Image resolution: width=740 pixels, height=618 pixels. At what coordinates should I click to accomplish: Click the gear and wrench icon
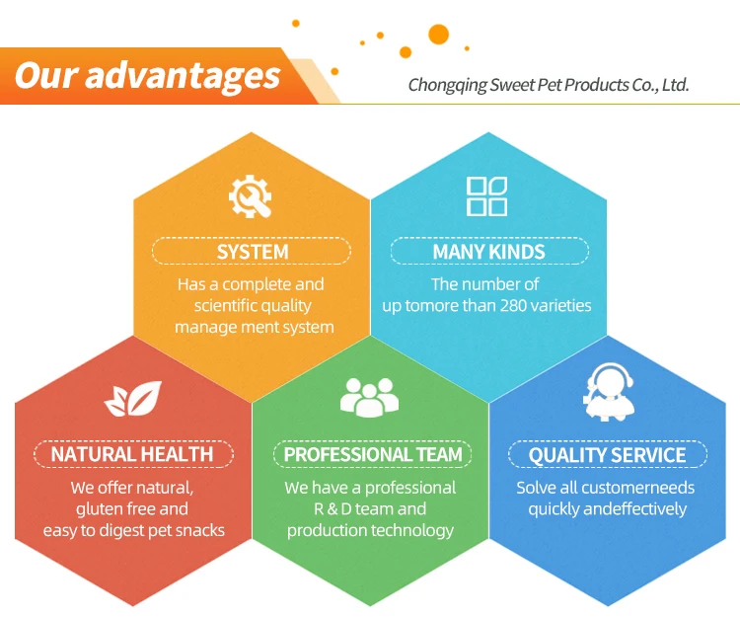pos(250,196)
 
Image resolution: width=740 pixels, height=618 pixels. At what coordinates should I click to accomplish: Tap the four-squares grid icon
pos(486,196)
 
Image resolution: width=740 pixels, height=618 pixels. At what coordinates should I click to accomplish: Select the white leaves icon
pos(133,399)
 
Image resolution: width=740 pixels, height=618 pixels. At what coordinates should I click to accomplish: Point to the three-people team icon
pos(369,397)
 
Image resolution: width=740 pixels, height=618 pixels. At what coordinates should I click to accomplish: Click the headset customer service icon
pos(609,392)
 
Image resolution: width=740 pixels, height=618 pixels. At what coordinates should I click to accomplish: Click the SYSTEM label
pos(253,252)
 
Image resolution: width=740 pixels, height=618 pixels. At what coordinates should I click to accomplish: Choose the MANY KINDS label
pos(489,252)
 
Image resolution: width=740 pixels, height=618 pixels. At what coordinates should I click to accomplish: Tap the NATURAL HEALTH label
pos(132,454)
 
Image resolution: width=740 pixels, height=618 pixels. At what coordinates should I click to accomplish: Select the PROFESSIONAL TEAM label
pos(373,454)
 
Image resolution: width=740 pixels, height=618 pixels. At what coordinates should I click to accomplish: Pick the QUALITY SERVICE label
pos(608,455)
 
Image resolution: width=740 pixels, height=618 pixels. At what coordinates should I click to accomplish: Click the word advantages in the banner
pos(183,76)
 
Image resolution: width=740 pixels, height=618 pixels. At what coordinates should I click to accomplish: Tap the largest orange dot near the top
pos(438,35)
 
